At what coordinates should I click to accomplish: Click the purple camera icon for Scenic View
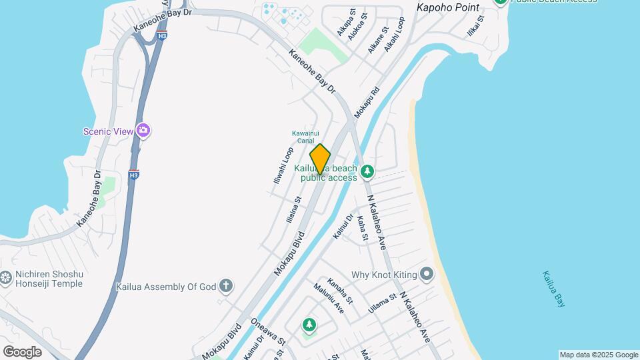[143, 131]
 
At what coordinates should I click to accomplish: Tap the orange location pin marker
[320, 159]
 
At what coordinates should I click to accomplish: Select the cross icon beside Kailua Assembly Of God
[226, 287]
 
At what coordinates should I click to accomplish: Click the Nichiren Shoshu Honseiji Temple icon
[6, 277]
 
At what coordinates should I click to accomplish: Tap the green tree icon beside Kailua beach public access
[367, 173]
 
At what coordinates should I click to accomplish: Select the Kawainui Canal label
[303, 137]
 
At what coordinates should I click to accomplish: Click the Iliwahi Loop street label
[283, 166]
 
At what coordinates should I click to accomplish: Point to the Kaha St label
[362, 227]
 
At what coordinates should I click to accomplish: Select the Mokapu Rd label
[367, 103]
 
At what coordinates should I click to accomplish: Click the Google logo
[22, 351]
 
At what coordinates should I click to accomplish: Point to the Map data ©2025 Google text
[599, 355]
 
